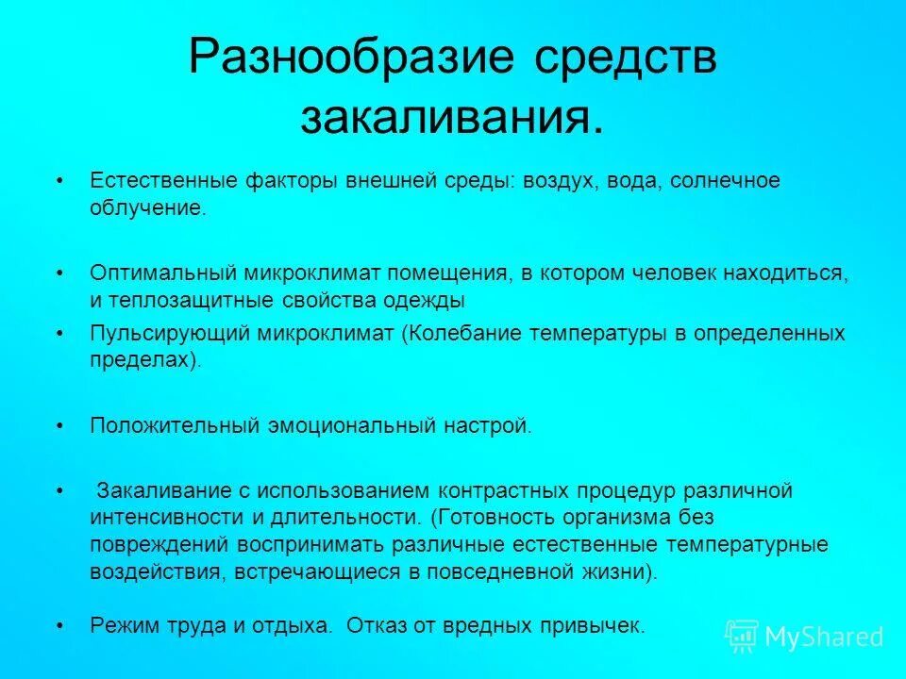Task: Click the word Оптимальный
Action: click(x=162, y=273)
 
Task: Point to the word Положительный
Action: click(x=175, y=425)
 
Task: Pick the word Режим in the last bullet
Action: click(x=121, y=624)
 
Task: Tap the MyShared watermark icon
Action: click(x=742, y=637)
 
